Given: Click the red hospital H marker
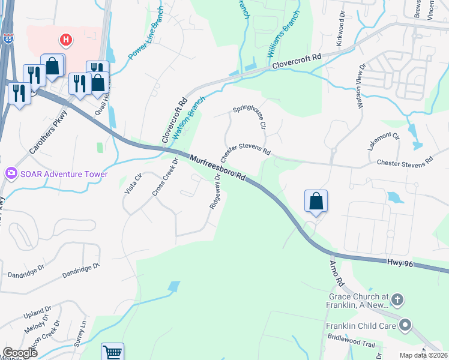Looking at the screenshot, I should (66, 40).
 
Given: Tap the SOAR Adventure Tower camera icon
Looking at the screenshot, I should (11, 174).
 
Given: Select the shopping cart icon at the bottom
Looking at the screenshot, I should (112, 352).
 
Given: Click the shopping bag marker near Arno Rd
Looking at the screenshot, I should (316, 201).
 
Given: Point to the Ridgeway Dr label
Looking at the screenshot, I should (215, 195).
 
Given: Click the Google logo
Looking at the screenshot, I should (20, 353).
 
